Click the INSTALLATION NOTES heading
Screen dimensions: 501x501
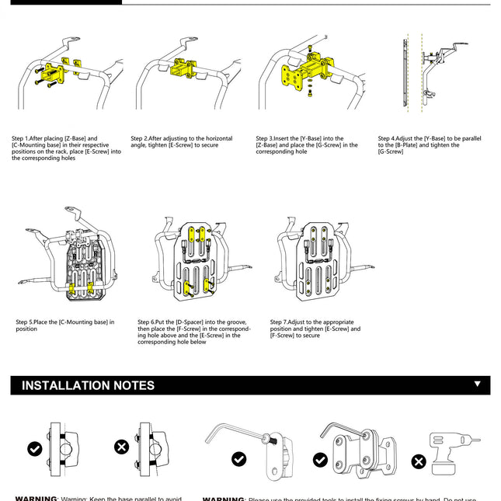pyautogui.click(x=88, y=385)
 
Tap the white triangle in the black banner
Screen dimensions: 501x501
pyautogui.click(x=477, y=384)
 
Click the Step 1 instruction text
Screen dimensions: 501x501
pyautogui.click(x=67, y=148)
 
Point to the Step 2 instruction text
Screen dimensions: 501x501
pyautogui.click(x=181, y=142)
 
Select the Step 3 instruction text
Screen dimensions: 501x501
pyautogui.click(x=307, y=145)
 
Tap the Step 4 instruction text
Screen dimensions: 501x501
pyautogui.click(x=430, y=145)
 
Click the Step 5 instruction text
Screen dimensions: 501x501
pyautogui.click(x=65, y=325)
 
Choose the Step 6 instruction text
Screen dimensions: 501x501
pyautogui.click(x=194, y=332)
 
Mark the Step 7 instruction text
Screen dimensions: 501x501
pyautogui.click(x=315, y=328)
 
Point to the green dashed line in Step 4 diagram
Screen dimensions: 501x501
pyautogui.click(x=419, y=78)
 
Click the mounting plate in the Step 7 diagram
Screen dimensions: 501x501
pyautogui.click(x=319, y=258)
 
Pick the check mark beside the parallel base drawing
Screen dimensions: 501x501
pyautogui.click(x=34, y=448)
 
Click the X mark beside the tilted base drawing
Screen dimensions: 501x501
pyautogui.click(x=121, y=447)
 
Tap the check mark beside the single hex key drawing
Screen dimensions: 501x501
pyautogui.click(x=239, y=459)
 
